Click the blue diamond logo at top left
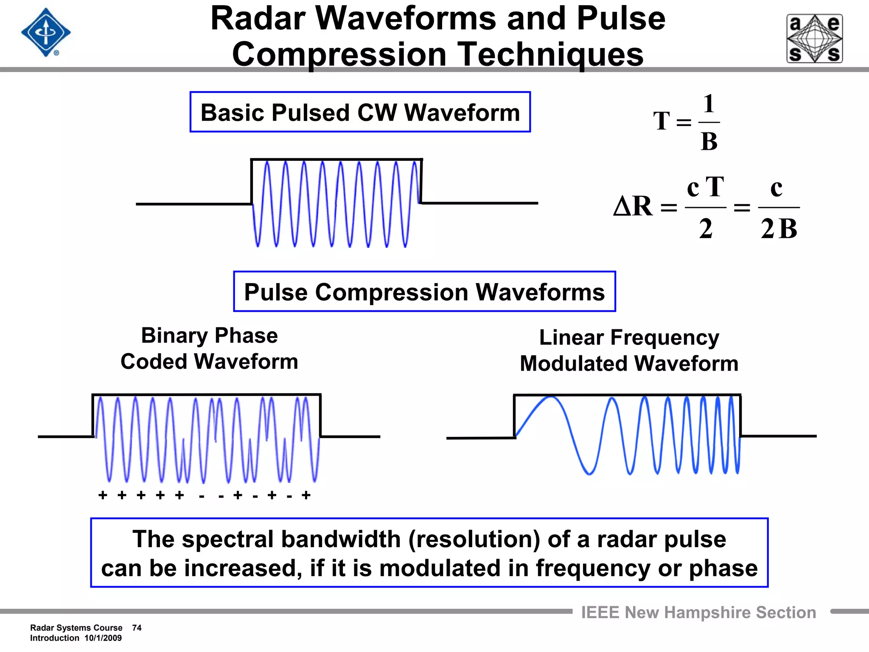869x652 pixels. pos(46,33)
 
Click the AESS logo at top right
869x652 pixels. pos(815,39)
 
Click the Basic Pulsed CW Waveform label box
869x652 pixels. pos(360,112)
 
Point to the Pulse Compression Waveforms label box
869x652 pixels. pos(424,292)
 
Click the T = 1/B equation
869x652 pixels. pos(686,122)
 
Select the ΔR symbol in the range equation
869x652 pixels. pos(633,207)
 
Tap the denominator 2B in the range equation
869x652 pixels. pos(779,229)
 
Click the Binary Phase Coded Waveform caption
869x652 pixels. pos(209,348)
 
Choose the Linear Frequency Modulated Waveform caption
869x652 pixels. pos(629,351)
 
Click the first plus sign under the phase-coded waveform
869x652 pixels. pos(103,495)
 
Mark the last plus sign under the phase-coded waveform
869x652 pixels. pos(306,495)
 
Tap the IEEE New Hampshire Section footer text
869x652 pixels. pos(698,613)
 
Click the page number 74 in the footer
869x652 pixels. pos(137,628)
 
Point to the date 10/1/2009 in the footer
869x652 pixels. pos(103,638)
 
